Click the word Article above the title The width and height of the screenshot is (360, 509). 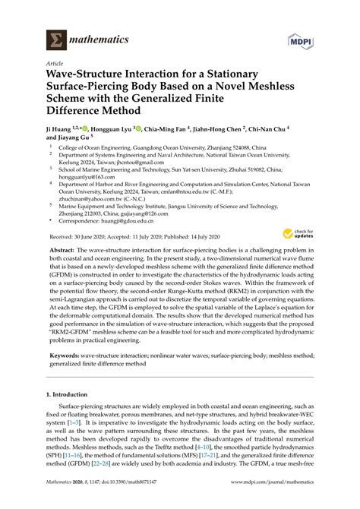pos(55,64)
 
